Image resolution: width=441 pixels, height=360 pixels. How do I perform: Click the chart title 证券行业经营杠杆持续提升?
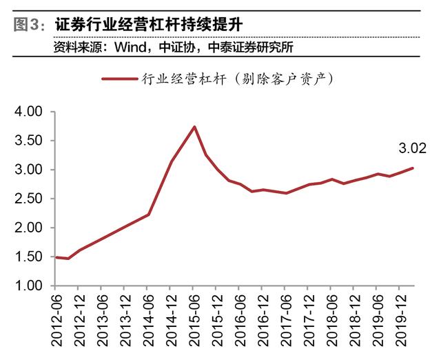click(x=148, y=25)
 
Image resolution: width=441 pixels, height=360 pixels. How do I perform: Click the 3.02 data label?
click(x=411, y=148)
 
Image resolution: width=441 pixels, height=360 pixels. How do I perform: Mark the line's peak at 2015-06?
click(x=195, y=126)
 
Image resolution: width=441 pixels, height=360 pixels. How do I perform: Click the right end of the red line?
click(x=413, y=168)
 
